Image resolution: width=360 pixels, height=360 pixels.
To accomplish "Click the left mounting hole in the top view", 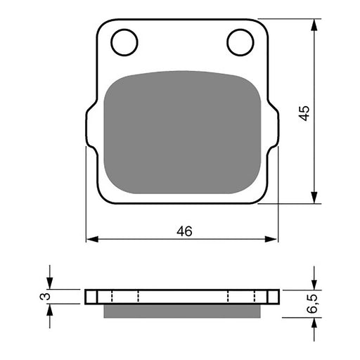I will click(x=124, y=42).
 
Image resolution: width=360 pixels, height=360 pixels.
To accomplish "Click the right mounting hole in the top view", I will click(x=240, y=42).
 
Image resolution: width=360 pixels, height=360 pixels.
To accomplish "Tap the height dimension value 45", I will click(x=304, y=112).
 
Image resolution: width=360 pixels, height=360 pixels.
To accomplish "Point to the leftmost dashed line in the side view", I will click(x=110, y=296).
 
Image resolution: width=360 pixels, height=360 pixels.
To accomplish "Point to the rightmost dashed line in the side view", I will click(x=255, y=296).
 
